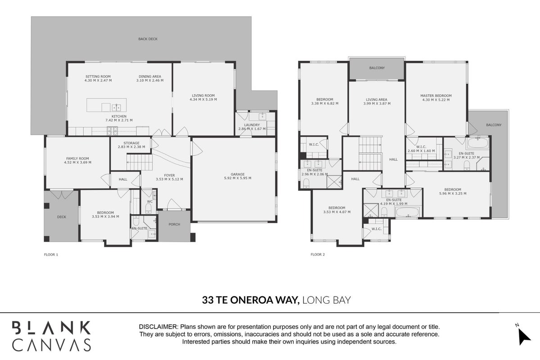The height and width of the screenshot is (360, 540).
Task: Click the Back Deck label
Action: [148, 39]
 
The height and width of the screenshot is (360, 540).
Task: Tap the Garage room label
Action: [238, 175]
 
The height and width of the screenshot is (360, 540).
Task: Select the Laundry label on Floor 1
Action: [252, 125]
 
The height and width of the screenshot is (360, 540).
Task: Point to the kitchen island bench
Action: [106, 105]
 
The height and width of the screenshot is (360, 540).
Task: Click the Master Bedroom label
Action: [436, 96]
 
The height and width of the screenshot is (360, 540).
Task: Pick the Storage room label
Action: [132, 143]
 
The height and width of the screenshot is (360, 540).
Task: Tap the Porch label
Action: [174, 225]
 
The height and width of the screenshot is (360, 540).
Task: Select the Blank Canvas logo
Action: [51, 336]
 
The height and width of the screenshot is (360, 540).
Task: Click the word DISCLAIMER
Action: [159, 327]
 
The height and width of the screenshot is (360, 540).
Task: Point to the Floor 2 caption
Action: [318, 255]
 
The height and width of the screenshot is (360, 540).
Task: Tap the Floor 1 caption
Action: [51, 255]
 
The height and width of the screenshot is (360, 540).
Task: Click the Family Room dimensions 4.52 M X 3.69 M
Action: [77, 162]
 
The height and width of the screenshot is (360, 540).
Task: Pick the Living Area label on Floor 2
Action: [377, 99]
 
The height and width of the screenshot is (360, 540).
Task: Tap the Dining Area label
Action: [150, 76]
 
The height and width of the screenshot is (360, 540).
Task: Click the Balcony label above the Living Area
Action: [377, 68]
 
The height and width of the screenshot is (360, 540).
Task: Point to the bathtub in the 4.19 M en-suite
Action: [408, 212]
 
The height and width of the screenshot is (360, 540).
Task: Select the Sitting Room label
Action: [98, 76]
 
